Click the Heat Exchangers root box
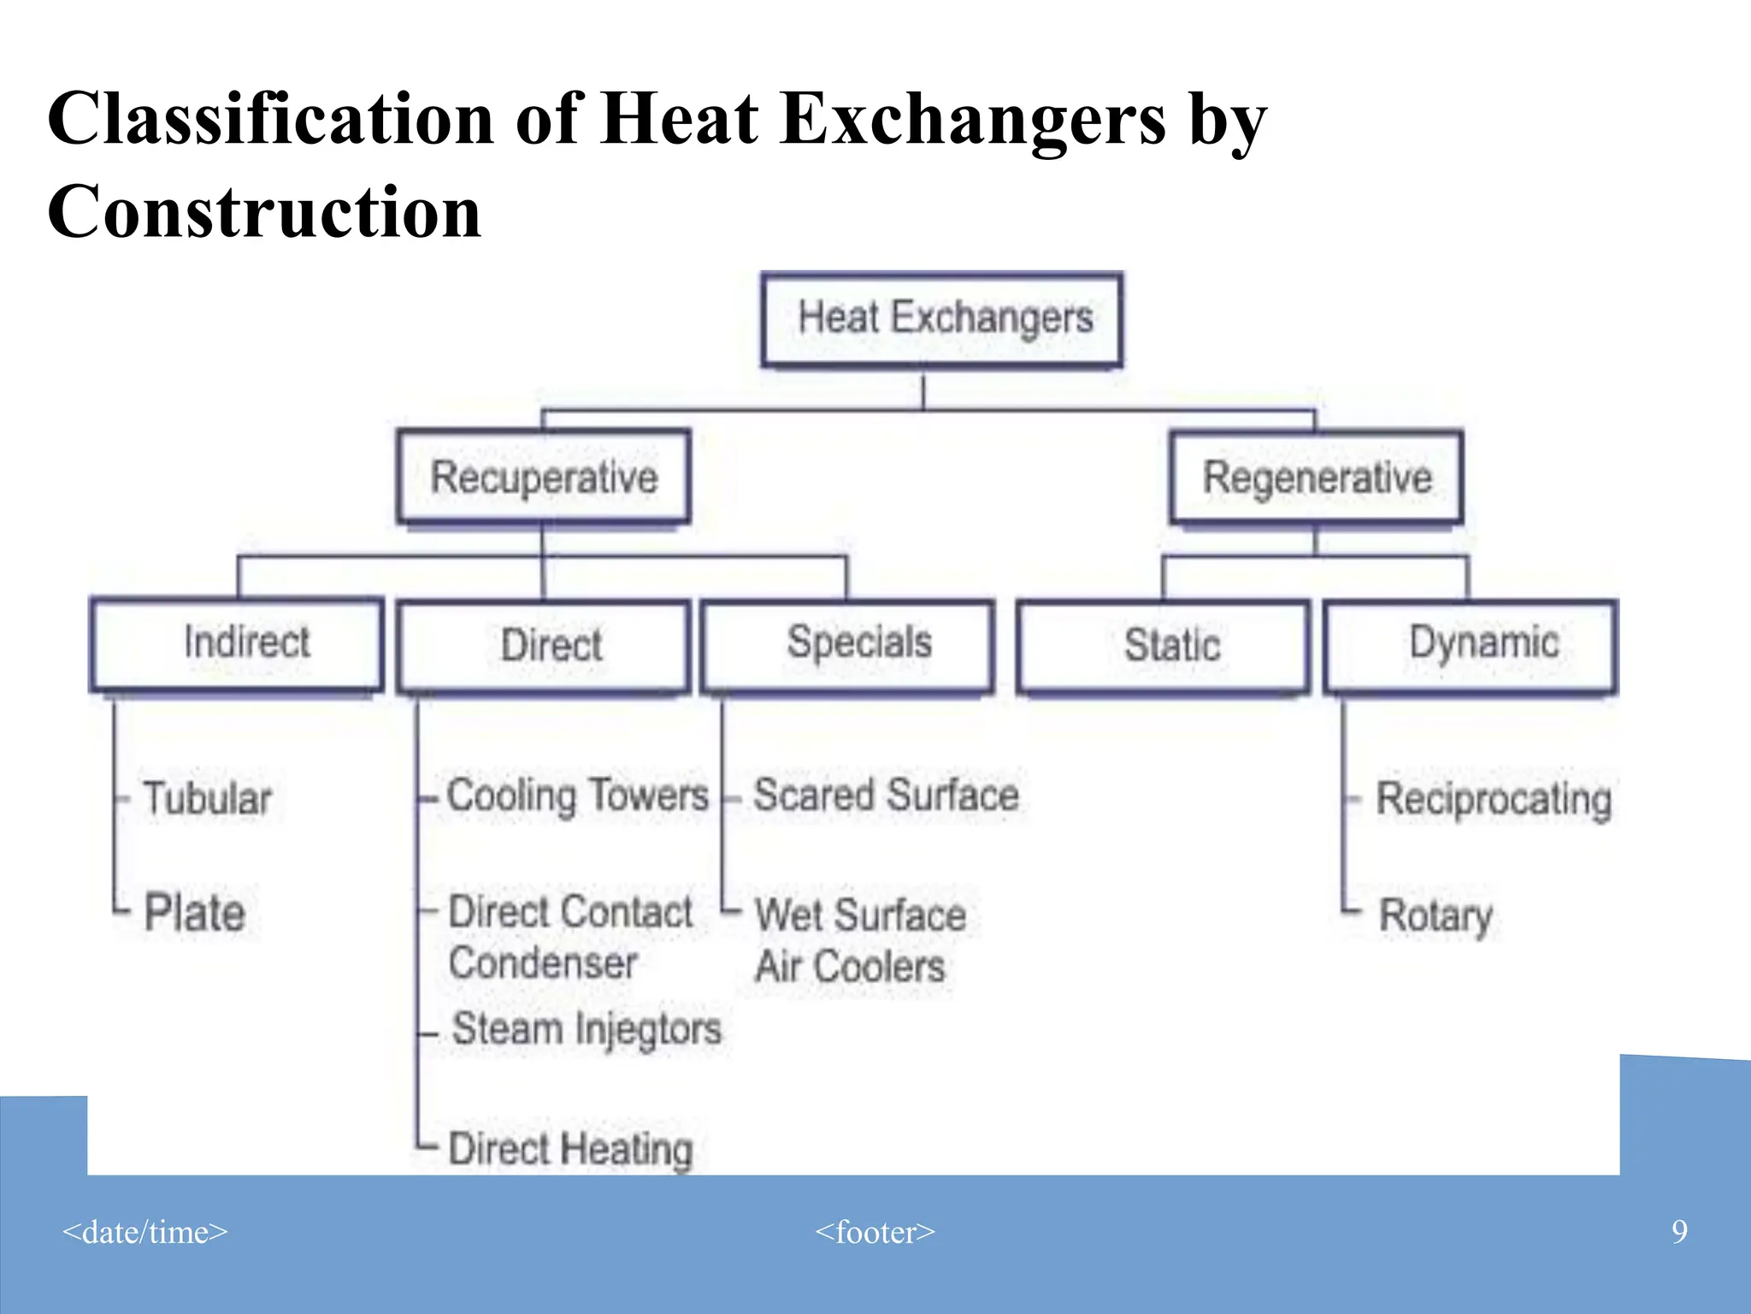coord(941,319)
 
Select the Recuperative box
coord(544,477)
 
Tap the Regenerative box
coord(1317,477)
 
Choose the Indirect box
coord(237,643)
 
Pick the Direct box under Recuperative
coord(544,646)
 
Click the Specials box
coord(848,644)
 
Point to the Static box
coord(1164,646)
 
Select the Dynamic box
coord(1471,644)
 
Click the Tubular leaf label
coord(207,798)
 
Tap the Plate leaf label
coord(195,913)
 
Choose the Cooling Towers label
coord(578,796)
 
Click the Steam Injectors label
coord(587,1029)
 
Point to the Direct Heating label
coord(570,1148)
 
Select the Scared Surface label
coord(886,796)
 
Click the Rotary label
coord(1436,915)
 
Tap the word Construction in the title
coord(264,211)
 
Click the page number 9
coord(1679,1232)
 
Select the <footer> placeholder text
coord(875,1232)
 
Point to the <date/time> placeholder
coord(145,1232)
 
